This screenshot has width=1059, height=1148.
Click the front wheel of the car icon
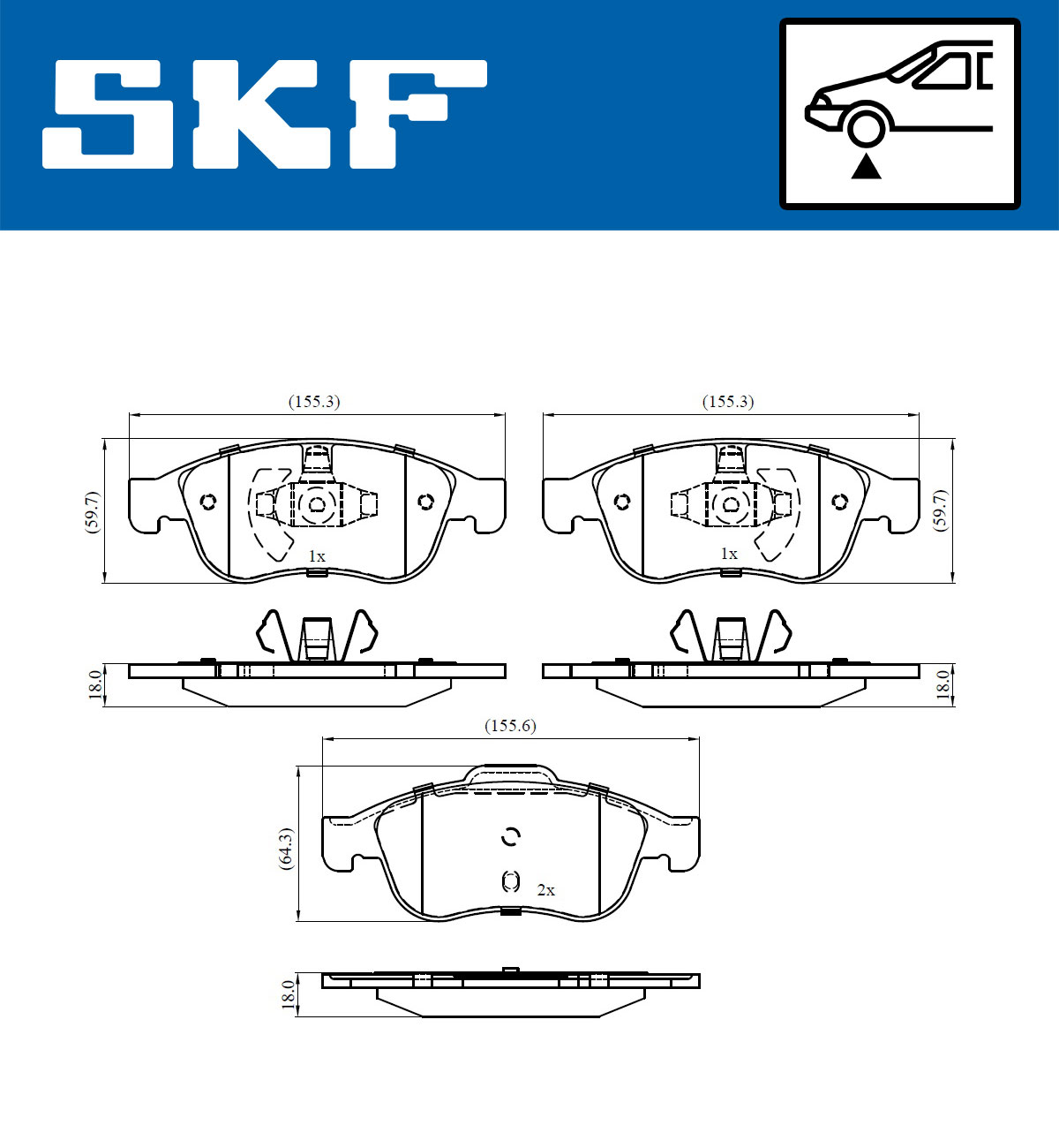click(866, 126)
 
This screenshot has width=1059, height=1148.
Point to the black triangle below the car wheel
click(866, 166)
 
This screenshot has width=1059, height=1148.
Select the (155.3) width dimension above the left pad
click(314, 402)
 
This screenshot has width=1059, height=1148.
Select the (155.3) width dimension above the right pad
click(728, 402)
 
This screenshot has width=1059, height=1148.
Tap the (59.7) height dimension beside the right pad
click(941, 510)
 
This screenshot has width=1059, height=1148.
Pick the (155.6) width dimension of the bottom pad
click(510, 726)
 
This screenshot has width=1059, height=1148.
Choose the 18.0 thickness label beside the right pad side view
click(943, 685)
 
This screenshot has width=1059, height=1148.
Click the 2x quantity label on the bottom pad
click(546, 890)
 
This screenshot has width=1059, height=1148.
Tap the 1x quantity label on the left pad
click(317, 556)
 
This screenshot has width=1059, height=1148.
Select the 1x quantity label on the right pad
click(729, 554)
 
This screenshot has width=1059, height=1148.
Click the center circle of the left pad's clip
click(316, 505)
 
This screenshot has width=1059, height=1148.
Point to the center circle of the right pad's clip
click(731, 505)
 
